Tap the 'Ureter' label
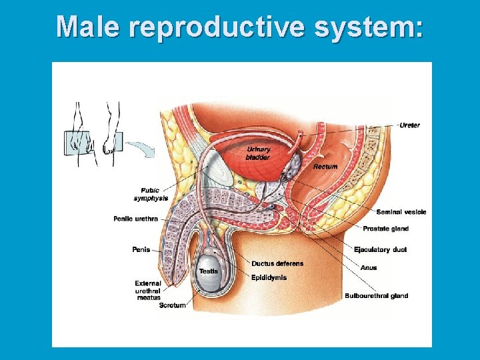click(409, 125)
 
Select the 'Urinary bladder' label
click(258, 153)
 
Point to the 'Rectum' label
click(325, 166)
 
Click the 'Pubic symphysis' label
click(151, 194)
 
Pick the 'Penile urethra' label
click(135, 218)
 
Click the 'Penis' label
click(141, 249)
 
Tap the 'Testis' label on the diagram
click(208, 271)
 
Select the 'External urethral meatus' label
click(147, 291)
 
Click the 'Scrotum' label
click(172, 305)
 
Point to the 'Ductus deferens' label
click(277, 263)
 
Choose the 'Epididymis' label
click(269, 277)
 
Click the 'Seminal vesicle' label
click(401, 212)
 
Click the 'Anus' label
click(368, 268)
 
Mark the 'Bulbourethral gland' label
click(376, 295)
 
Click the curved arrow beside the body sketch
click(139, 146)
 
